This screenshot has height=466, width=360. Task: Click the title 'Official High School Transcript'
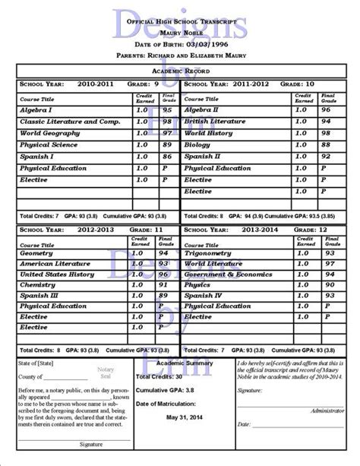(179, 25)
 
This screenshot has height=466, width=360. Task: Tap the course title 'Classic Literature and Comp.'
(69, 121)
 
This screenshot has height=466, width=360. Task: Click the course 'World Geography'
(50, 132)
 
